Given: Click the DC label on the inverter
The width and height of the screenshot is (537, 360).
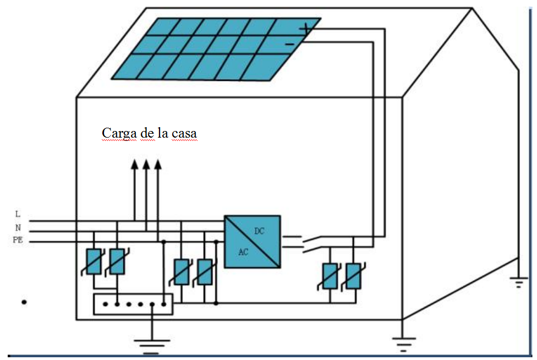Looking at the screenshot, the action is (x=259, y=231).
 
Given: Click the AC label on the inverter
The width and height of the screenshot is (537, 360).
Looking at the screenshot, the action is (x=243, y=252).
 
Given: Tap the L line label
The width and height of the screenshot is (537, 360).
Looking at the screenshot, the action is (x=18, y=214).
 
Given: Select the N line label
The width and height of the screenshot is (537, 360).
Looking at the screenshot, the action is (x=18, y=227).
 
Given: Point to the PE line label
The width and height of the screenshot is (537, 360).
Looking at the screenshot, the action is (x=18, y=240).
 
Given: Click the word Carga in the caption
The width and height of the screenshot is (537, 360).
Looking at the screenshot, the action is (x=119, y=133).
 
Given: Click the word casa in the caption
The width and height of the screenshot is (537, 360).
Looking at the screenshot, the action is (x=184, y=134).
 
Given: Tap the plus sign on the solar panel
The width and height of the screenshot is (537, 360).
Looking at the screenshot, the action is (x=305, y=29).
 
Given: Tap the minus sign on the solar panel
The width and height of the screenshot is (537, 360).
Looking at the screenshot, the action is (x=290, y=44).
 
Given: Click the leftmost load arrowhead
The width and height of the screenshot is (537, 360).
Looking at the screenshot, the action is (x=135, y=165).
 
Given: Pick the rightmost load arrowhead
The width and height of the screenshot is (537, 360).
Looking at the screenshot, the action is (x=158, y=165).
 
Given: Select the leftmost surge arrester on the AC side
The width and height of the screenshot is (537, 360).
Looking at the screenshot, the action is (x=94, y=261).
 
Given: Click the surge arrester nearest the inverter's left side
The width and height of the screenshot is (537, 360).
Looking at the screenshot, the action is (x=205, y=272).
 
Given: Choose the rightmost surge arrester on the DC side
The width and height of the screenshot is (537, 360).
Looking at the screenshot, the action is (x=353, y=276).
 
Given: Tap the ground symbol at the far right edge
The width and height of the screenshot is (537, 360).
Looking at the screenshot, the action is (x=518, y=282).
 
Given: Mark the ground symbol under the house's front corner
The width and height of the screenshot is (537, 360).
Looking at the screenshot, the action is (x=403, y=344).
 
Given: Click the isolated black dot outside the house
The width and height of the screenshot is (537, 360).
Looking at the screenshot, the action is (x=24, y=302).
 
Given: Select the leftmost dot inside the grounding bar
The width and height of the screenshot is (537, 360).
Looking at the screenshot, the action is (x=106, y=304).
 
